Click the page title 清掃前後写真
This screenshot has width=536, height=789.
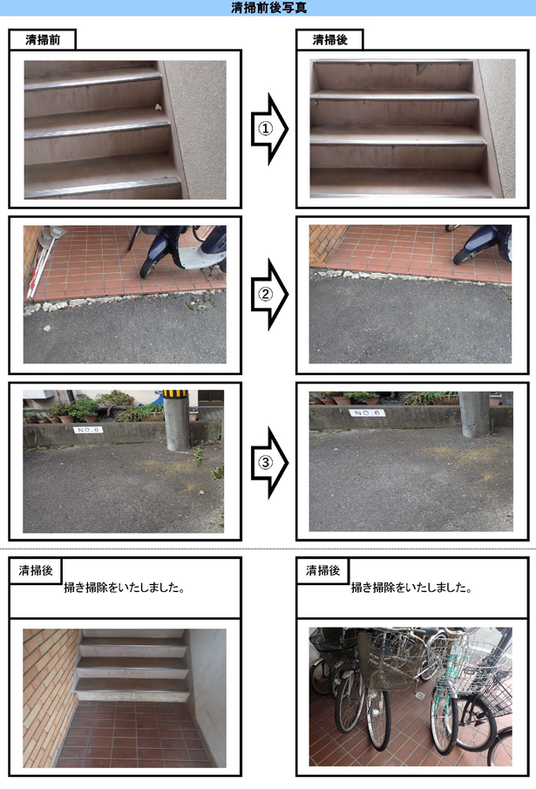coord(268,8)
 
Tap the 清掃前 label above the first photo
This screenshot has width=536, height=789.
coord(43,40)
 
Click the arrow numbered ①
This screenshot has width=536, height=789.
coord(269,129)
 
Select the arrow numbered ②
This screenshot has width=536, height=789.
coord(269,295)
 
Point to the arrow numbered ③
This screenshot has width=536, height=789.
coord(269,462)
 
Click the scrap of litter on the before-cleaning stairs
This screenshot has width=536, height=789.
coord(158,106)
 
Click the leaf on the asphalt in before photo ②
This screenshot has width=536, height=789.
coord(47,328)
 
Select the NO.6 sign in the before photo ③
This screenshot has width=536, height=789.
coord(88,430)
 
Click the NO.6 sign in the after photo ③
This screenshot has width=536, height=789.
coord(367,412)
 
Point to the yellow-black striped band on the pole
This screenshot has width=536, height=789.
coord(175,393)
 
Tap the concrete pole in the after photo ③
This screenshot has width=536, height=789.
coord(473,413)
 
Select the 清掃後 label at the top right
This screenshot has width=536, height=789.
coord(329,40)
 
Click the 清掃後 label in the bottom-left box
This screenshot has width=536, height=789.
coord(36,571)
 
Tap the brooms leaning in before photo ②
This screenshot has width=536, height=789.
coord(44,262)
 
